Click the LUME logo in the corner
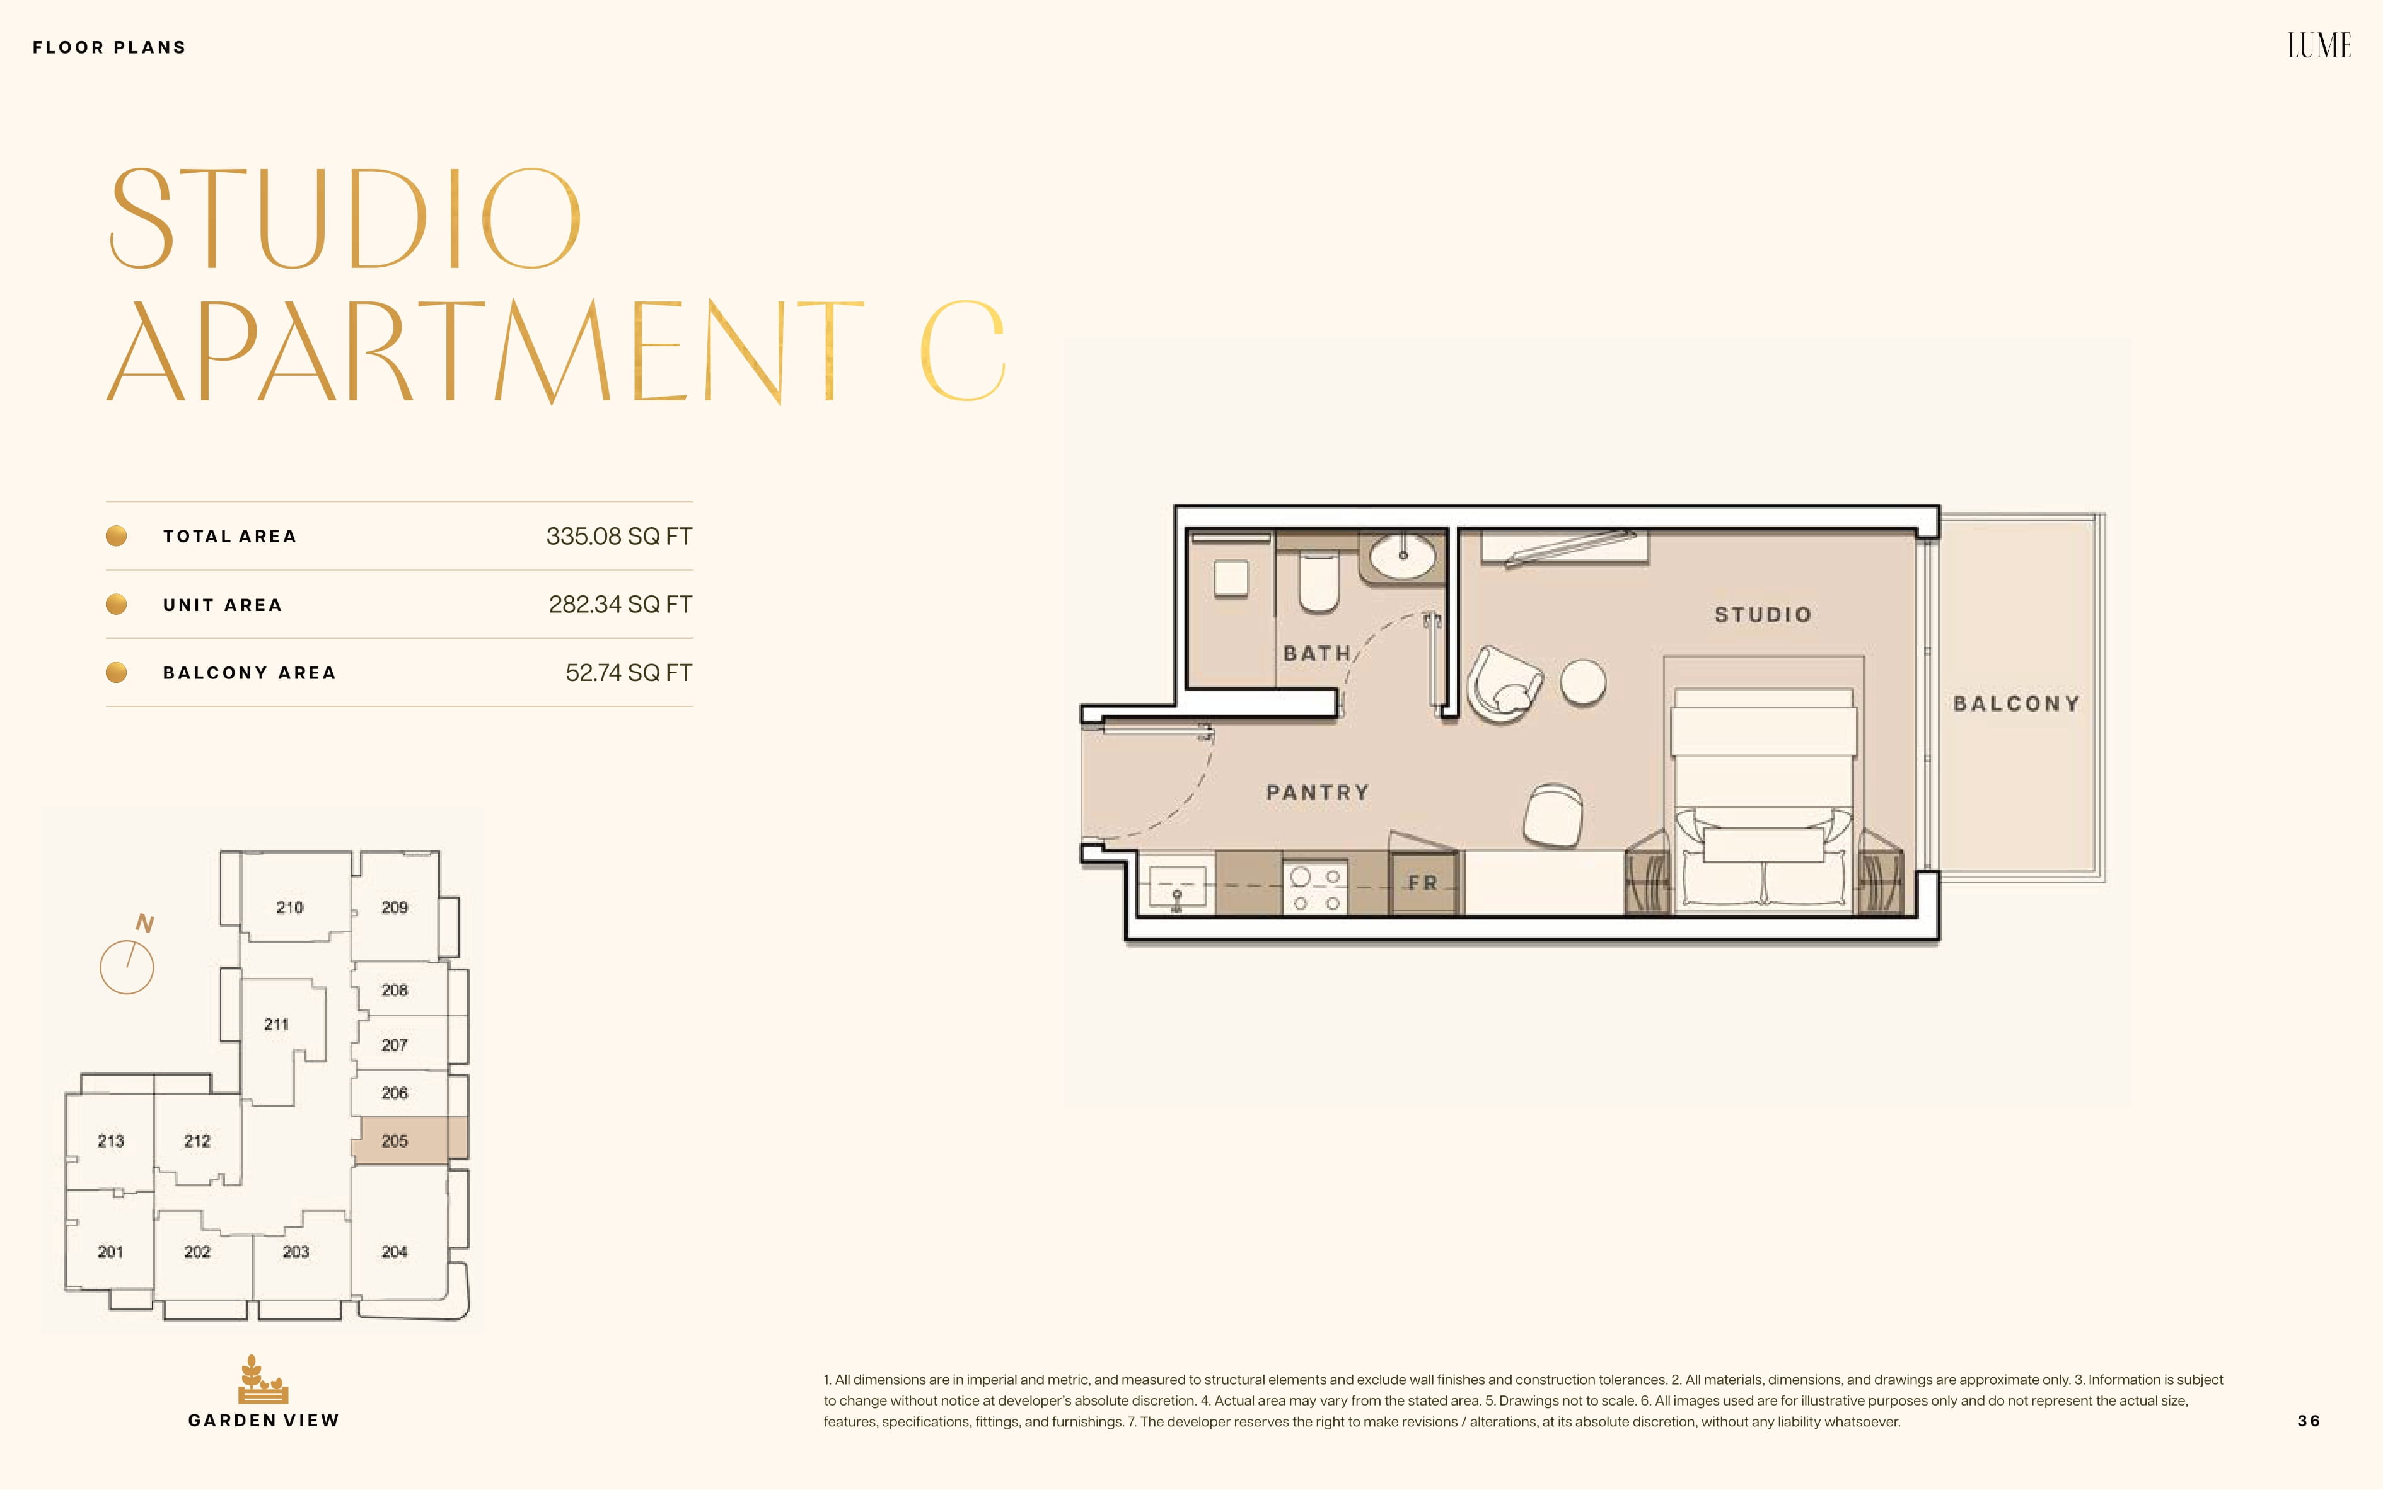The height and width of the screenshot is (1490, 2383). [x=2319, y=45]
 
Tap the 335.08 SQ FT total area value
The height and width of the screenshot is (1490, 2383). [x=618, y=536]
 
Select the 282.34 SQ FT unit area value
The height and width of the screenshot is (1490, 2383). [x=620, y=604]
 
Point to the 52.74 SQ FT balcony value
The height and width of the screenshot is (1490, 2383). [x=629, y=672]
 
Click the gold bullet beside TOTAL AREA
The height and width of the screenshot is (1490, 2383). [x=116, y=536]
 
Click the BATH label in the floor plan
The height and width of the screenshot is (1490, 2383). [x=1317, y=653]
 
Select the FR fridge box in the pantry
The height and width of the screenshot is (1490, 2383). [x=1422, y=882]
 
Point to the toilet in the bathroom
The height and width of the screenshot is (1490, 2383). [x=1319, y=581]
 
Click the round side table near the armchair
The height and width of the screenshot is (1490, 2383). [x=1583, y=682]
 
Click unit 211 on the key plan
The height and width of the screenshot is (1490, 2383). [x=277, y=1025]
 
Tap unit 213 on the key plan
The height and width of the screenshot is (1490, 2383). [x=110, y=1140]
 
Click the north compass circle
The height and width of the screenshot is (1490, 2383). [x=127, y=967]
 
